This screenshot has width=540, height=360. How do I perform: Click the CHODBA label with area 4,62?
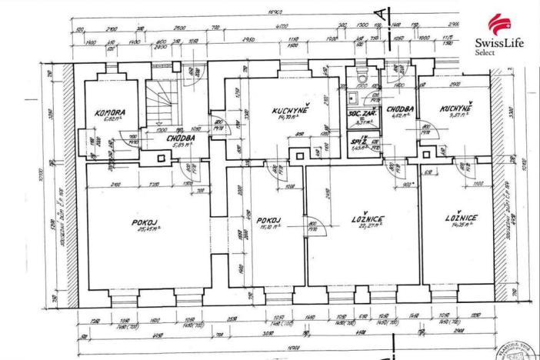(x=401, y=110)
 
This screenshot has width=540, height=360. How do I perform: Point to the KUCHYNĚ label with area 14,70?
(x=290, y=112)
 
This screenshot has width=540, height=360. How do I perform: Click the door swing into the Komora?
(x=122, y=143)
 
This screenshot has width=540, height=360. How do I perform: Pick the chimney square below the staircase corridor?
(x=162, y=158)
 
